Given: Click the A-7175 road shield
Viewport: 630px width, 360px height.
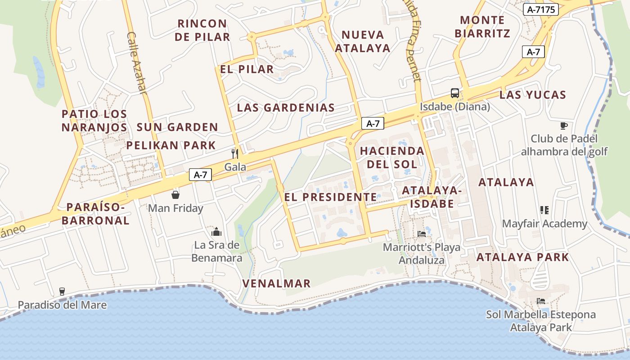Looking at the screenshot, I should [x=540, y=9].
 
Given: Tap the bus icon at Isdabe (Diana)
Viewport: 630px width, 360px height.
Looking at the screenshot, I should [x=455, y=93].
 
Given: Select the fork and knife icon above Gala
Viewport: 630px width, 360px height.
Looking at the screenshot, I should [x=234, y=153].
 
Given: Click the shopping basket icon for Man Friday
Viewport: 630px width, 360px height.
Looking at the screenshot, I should [x=175, y=195].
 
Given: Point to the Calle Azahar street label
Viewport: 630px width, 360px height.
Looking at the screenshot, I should [x=137, y=63].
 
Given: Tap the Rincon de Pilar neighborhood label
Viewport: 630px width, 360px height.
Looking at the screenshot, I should [x=202, y=30].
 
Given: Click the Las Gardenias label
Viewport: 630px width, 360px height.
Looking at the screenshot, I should [x=286, y=108].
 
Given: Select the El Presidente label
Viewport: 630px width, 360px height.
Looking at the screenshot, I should [x=330, y=197].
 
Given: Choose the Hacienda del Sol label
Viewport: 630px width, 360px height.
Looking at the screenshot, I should [x=392, y=157].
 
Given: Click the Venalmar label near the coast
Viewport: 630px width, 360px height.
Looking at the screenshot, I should [x=276, y=283].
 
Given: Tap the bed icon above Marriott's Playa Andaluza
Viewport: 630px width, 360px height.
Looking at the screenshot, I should [x=421, y=234].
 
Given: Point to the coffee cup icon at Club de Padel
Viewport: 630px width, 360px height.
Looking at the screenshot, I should [x=564, y=126].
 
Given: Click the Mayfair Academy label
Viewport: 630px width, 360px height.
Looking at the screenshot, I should [x=544, y=224].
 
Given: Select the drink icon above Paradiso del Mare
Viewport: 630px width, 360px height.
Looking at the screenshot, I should [x=62, y=292].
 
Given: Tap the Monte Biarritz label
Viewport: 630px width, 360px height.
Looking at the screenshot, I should [x=482, y=27].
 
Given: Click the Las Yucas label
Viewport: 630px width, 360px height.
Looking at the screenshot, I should [x=532, y=95].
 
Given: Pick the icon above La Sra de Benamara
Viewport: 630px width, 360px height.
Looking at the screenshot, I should [x=216, y=232].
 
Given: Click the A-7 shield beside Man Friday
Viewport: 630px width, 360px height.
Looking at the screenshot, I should [x=200, y=175].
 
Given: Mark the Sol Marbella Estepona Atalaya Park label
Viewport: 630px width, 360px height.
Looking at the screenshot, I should [x=540, y=321].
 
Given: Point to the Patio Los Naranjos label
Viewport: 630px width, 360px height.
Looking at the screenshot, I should [x=94, y=121].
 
